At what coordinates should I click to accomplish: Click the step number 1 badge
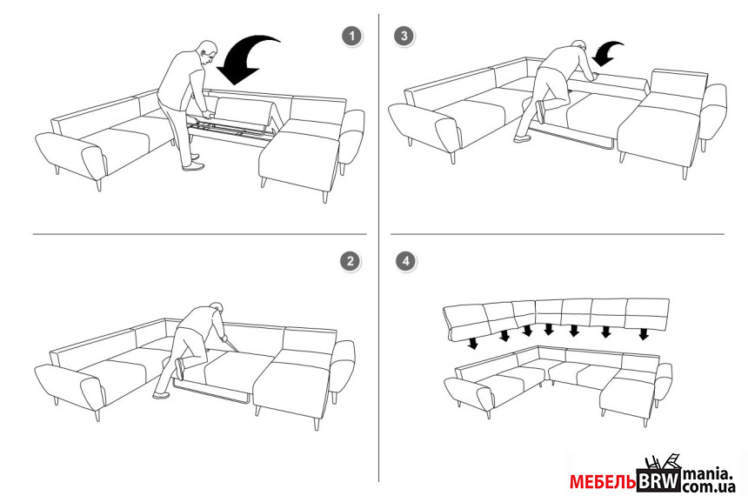352,37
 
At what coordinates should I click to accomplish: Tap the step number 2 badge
351,261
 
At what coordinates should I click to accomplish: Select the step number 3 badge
404,36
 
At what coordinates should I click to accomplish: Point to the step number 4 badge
406,261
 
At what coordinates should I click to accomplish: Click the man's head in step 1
208,51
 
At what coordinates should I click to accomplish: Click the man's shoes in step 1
193,163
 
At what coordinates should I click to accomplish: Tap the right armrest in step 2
342,366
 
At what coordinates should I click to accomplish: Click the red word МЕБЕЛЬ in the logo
603,482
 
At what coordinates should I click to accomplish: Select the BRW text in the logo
658,480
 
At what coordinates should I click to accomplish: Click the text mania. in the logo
708,474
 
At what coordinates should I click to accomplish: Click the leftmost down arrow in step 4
472,344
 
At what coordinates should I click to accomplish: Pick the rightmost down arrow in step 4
644,334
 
